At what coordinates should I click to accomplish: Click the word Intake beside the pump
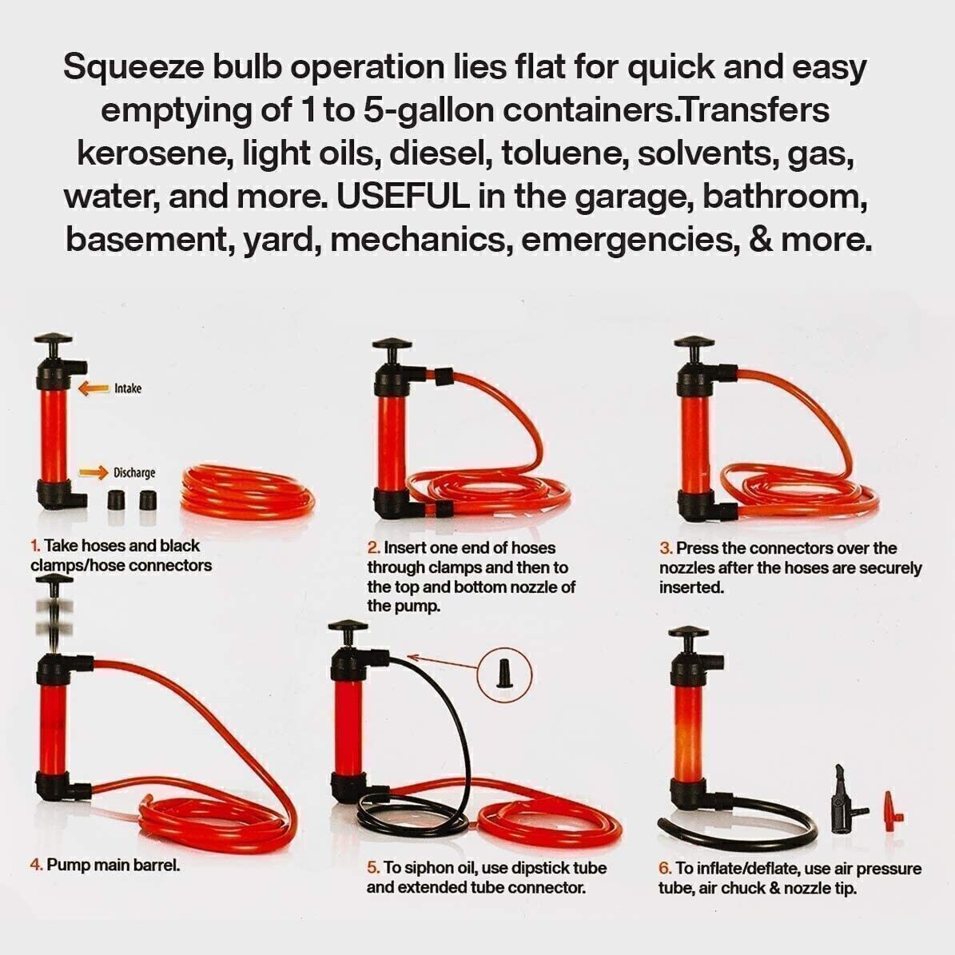point(128,388)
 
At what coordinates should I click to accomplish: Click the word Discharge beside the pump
point(134,472)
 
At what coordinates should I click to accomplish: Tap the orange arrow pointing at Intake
point(94,388)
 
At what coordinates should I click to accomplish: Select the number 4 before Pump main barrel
point(35,865)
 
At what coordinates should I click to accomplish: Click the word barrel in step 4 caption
point(157,865)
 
